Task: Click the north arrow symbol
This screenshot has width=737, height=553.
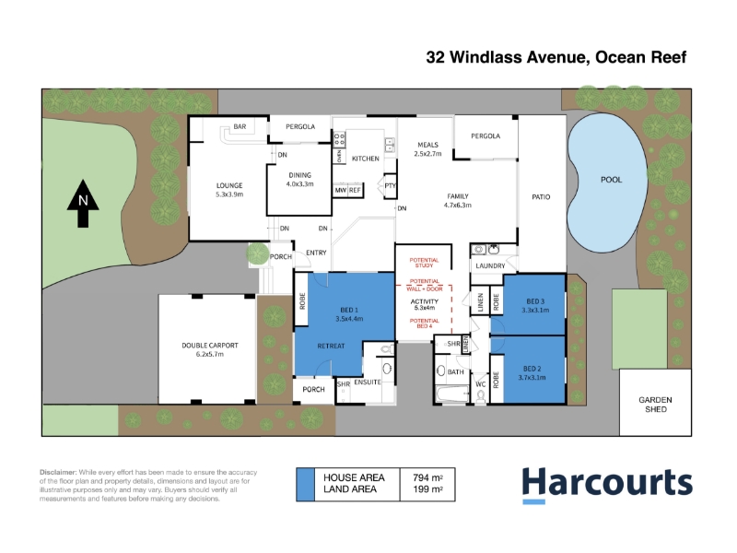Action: (83, 203)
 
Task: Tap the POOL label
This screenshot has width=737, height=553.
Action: (611, 180)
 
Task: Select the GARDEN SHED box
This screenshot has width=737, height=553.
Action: (655, 403)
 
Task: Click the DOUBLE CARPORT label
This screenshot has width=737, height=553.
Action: (210, 349)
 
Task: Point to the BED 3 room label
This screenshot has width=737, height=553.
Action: (535, 306)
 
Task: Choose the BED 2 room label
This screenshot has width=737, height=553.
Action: (532, 373)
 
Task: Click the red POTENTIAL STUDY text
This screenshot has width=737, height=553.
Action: (424, 263)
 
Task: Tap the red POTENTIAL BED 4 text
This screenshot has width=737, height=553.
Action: (424, 324)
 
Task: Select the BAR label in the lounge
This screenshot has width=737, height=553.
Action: (240, 126)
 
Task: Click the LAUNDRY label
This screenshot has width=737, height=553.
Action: (490, 265)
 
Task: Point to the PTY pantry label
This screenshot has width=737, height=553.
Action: (390, 186)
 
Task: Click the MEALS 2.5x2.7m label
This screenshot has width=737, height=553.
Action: (427, 149)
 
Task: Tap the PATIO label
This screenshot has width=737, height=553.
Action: (541, 197)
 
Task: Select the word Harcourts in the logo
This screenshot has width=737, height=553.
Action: (607, 481)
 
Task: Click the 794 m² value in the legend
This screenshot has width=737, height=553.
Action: (427, 477)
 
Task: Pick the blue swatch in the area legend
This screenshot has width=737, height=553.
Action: (305, 485)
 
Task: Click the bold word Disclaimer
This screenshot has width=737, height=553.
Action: (58, 472)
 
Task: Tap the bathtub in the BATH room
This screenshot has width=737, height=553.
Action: (452, 394)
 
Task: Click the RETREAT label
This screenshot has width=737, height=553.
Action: (331, 346)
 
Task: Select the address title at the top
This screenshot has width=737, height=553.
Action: (556, 57)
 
